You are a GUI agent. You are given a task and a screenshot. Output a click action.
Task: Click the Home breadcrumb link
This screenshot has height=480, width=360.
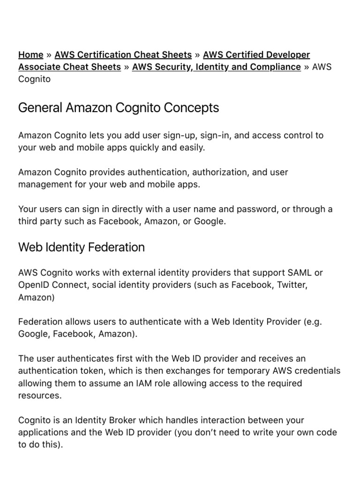tap(30, 55)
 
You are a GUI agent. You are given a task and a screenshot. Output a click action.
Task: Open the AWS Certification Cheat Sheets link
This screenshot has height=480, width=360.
tap(123, 55)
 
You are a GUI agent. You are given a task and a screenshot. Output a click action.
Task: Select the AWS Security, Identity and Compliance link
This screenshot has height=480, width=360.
tap(216, 67)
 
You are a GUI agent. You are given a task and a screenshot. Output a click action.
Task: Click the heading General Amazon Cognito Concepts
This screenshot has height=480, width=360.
tap(118, 108)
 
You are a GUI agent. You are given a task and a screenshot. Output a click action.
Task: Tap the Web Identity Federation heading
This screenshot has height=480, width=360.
tap(81, 247)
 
